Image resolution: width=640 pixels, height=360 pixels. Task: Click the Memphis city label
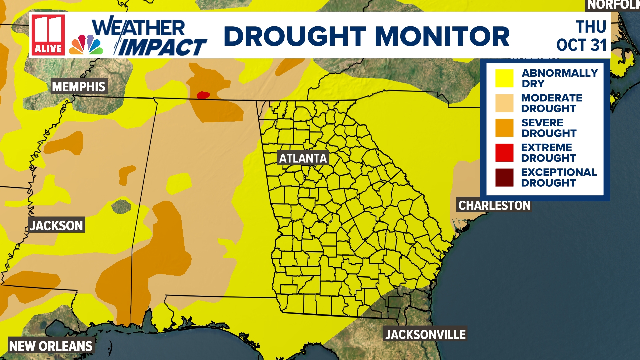click(x=79, y=87)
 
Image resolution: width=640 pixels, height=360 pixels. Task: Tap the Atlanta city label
click(x=303, y=158)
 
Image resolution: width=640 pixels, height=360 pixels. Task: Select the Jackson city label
click(x=56, y=226)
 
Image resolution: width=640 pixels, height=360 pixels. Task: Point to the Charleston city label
click(x=494, y=206)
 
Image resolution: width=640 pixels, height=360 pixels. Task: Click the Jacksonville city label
click(x=425, y=334)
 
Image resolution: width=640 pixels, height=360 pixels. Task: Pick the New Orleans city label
click(x=51, y=346)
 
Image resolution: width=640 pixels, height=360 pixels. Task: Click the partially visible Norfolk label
click(x=613, y=5)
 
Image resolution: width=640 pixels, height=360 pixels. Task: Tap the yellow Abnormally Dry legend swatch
click(x=504, y=78)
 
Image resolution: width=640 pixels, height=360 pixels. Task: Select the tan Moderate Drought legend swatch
click(x=504, y=103)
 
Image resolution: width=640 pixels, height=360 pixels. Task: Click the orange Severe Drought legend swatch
click(x=504, y=128)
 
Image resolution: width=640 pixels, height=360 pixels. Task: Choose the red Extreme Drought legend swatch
click(x=504, y=153)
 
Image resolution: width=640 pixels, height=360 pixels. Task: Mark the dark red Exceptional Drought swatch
click(x=504, y=177)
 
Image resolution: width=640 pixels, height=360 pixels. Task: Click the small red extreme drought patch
click(x=203, y=95)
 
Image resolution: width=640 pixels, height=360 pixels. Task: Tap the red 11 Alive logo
click(x=48, y=35)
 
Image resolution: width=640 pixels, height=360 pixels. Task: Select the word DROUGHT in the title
click(x=295, y=36)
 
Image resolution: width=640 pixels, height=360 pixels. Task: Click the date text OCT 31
click(x=581, y=45)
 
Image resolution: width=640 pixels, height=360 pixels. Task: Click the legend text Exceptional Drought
click(x=559, y=177)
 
